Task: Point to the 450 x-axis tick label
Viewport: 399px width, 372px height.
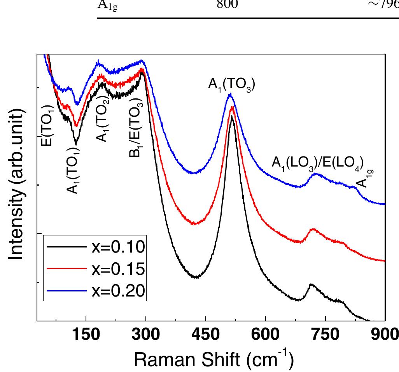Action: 205,335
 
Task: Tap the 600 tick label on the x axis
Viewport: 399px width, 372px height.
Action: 266,335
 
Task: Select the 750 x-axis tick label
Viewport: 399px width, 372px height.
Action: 325,335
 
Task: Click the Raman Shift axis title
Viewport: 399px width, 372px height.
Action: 213,358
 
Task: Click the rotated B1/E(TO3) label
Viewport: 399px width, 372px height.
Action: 136,128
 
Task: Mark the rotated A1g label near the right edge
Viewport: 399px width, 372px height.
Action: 363,177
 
